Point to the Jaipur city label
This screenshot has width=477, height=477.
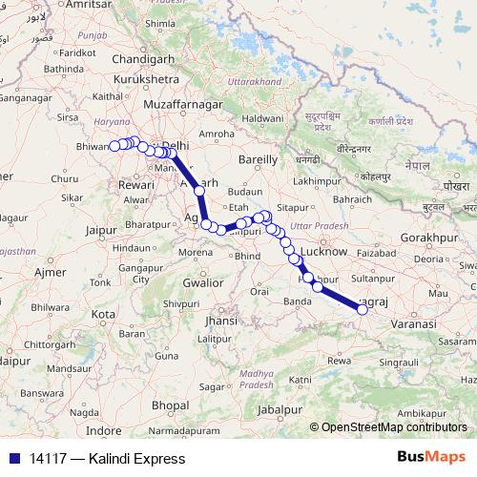pos(107,230)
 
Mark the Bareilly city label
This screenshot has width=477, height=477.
pos(259,158)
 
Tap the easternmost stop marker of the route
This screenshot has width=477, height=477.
pos(362,309)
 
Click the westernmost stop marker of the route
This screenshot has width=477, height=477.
pos(114,146)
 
